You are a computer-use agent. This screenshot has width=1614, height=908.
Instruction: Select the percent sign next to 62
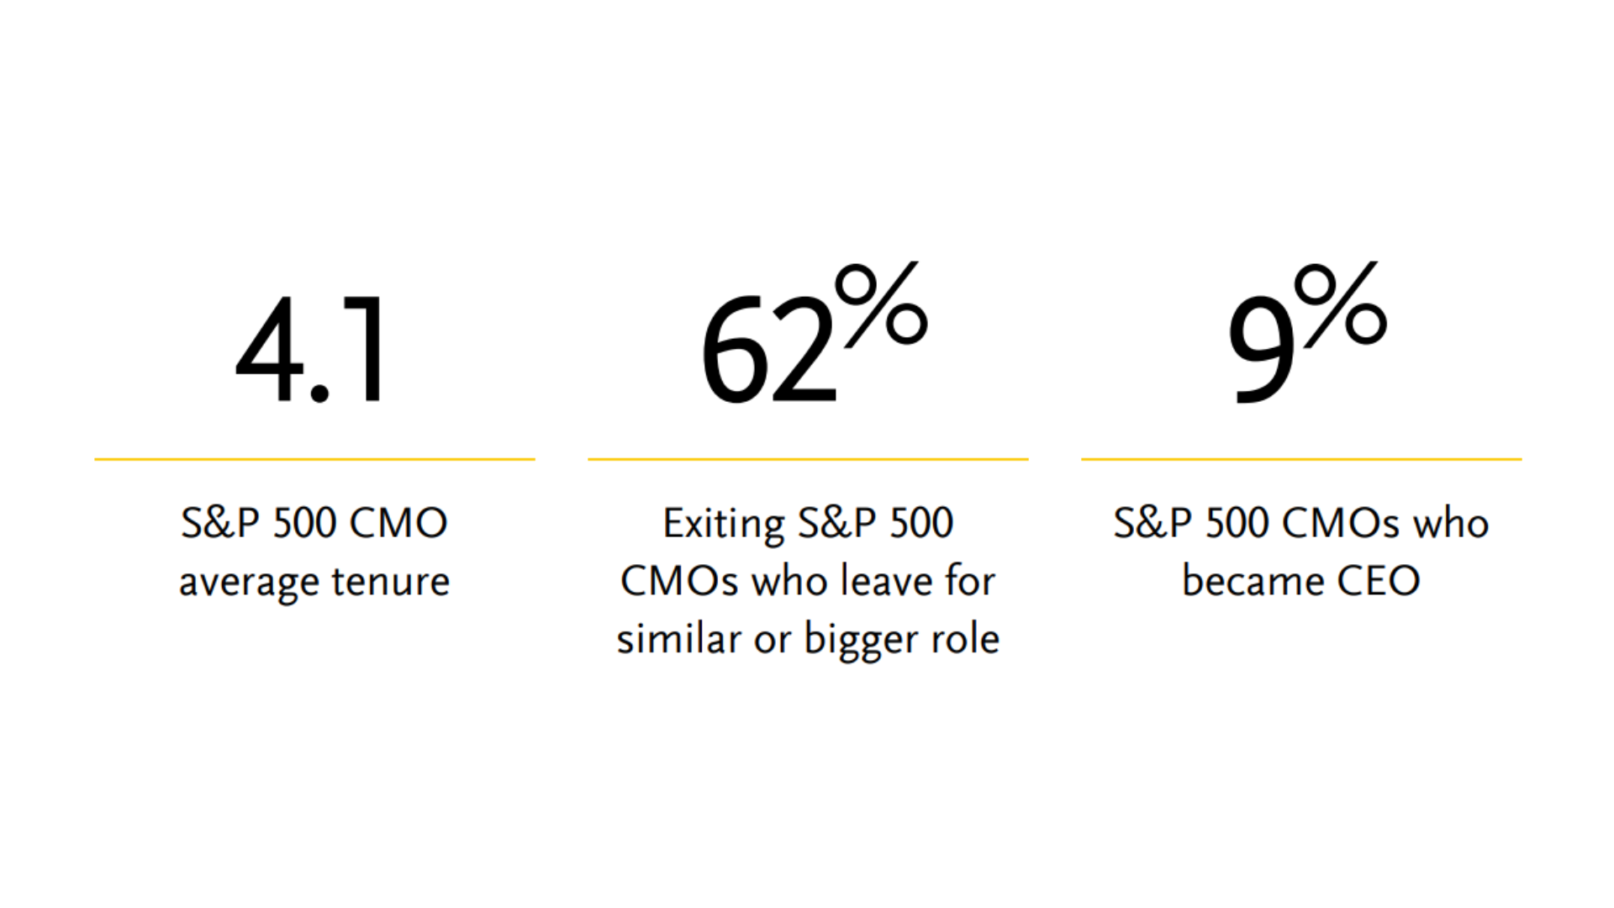coord(881,304)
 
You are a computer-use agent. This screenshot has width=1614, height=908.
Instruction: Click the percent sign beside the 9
coord(1340,304)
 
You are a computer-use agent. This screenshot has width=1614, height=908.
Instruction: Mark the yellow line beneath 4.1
coord(314,459)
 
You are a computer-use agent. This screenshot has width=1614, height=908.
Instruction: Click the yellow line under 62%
coord(808,459)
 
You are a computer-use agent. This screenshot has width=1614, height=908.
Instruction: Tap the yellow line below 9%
coord(1301,459)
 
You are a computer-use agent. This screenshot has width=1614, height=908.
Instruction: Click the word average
coord(250,583)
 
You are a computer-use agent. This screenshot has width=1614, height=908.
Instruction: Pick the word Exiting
coord(724,525)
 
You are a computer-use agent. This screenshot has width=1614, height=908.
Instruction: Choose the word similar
coord(678,638)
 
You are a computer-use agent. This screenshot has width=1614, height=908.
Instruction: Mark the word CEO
coord(1379,581)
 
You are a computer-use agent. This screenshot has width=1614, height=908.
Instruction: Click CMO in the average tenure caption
coord(398,523)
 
